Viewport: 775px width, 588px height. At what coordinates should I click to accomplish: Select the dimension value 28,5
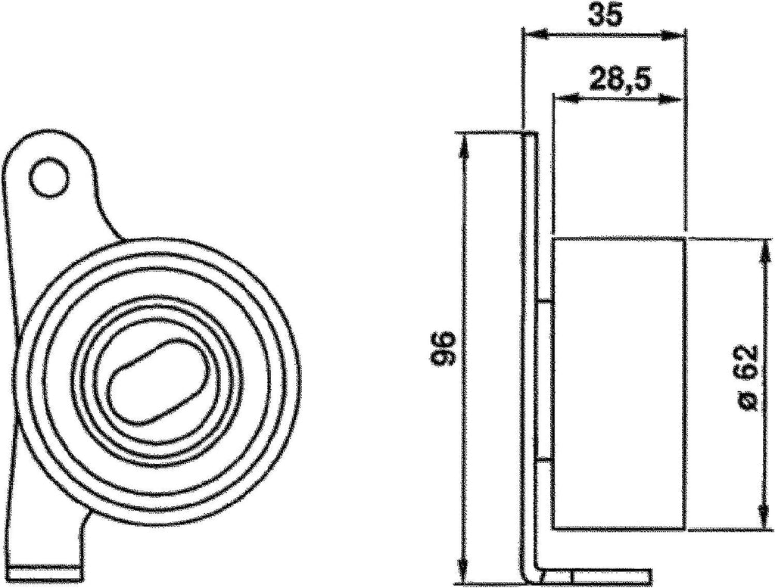(x=619, y=79)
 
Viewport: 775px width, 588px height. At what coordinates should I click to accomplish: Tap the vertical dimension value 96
(x=444, y=349)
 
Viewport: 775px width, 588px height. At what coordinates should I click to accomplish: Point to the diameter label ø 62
(x=746, y=378)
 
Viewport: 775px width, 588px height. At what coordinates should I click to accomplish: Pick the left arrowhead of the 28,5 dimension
(x=564, y=98)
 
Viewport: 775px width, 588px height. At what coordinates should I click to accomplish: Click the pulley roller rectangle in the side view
(x=619, y=383)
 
